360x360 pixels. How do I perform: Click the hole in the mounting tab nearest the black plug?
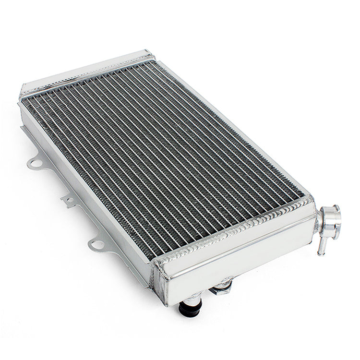(96, 245)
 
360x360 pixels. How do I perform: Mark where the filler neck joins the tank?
(319, 218)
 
